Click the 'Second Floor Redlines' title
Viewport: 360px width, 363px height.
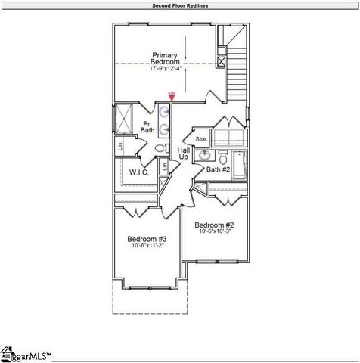click(x=179, y=5)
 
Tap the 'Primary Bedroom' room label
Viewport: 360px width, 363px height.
click(x=165, y=59)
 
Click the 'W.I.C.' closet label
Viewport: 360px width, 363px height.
click(x=138, y=172)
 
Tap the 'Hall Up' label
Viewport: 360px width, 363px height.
click(x=183, y=154)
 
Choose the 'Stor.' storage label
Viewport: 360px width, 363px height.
click(x=201, y=139)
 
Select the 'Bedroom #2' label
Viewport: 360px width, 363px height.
click(x=214, y=225)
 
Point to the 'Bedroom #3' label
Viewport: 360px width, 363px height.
click(x=147, y=239)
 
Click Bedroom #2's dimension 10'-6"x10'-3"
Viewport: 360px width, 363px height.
click(x=214, y=232)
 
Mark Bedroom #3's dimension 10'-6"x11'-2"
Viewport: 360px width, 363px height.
click(x=147, y=246)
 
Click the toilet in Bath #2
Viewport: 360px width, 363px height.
click(x=223, y=158)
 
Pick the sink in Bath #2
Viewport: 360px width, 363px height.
click(x=204, y=157)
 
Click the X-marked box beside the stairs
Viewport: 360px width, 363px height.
click(x=222, y=60)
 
